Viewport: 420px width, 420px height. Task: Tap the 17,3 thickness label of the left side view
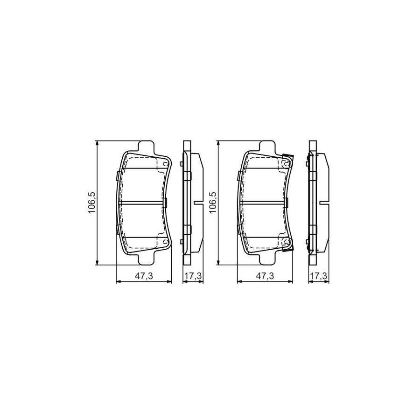point(192,276)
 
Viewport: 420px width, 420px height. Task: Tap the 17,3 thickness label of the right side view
point(318,276)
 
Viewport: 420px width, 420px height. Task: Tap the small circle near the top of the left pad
point(165,164)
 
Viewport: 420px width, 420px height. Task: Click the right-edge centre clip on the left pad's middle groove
point(167,202)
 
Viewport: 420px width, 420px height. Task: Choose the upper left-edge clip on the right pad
point(239,176)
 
